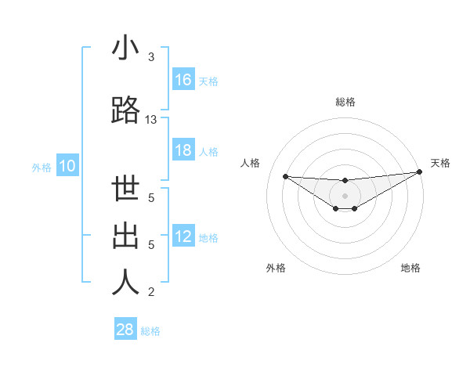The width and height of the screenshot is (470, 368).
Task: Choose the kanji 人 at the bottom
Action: [125, 283]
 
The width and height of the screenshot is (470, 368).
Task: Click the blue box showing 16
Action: [183, 80]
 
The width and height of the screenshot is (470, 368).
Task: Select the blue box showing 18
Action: [183, 151]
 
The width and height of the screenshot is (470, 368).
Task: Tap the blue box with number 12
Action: [183, 237]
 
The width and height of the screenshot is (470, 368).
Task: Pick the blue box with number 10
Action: [67, 166]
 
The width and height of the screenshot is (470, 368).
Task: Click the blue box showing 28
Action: [125, 330]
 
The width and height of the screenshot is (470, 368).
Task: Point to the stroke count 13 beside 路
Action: [151, 120]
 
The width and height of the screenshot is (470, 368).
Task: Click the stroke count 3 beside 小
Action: [151, 57]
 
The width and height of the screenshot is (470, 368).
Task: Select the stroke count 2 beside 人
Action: [151, 292]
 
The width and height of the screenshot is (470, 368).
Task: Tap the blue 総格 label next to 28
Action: [150, 331]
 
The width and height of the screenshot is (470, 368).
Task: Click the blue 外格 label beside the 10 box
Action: [41, 167]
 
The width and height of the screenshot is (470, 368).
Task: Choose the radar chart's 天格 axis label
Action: [440, 163]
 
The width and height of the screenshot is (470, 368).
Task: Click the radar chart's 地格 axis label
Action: [410, 268]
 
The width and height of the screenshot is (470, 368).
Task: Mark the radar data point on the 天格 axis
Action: [420, 171]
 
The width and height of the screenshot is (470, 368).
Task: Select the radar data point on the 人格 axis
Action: [285, 175]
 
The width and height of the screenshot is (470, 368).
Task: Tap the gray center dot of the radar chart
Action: [345, 195]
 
